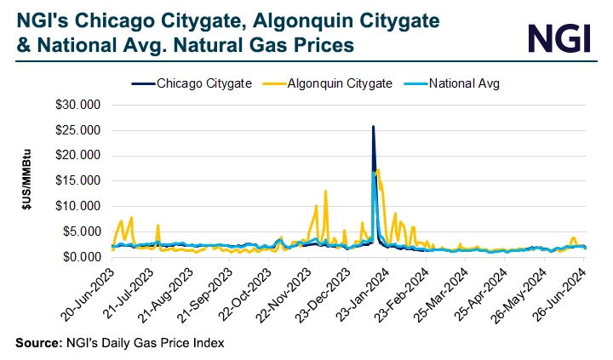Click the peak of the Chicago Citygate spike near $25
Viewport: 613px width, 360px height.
(x=373, y=127)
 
